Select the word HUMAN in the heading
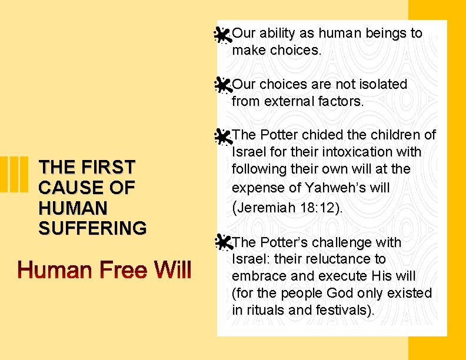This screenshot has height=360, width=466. coord(72,208)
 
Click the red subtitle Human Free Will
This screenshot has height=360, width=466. coord(104,271)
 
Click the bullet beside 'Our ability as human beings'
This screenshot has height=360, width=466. coord(222,36)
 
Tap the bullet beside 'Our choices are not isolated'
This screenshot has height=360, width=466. coord(222,86)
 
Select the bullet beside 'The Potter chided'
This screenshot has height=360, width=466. coord(222,137)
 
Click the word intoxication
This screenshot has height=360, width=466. coord(352,152)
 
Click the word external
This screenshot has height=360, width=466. coord(287,101)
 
